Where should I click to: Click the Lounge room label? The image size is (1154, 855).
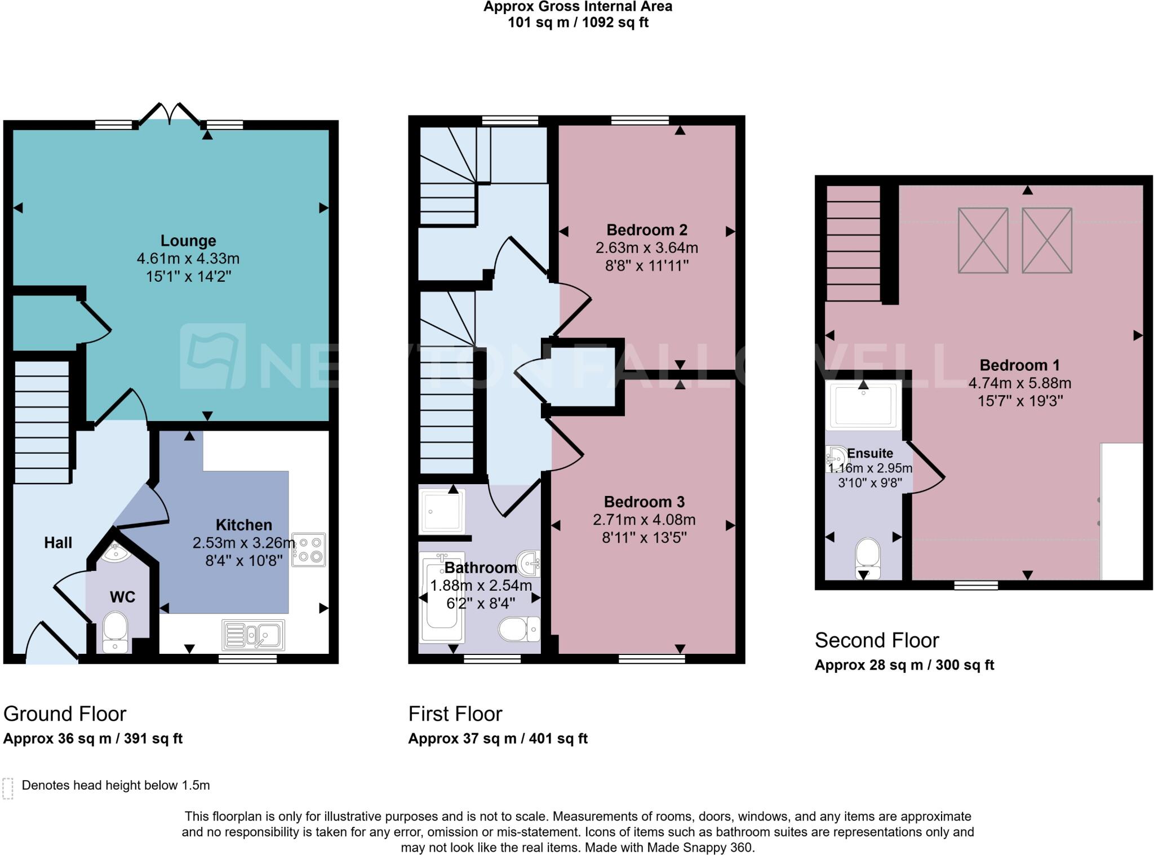click(x=188, y=241)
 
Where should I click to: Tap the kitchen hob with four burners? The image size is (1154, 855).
click(x=309, y=550)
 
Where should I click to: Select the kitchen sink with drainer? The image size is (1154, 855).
click(x=254, y=635)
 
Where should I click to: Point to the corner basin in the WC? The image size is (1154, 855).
click(x=117, y=552)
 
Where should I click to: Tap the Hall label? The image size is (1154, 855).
click(x=58, y=543)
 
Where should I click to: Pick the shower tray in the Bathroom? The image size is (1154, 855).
click(x=442, y=512)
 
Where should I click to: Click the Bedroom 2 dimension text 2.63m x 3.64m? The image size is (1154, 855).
click(x=647, y=247)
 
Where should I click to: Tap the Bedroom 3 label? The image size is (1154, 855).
click(x=644, y=502)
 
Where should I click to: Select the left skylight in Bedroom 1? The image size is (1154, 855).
click(x=983, y=240)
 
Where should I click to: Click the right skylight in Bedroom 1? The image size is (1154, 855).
click(x=1046, y=240)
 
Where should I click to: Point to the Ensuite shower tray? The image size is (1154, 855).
click(x=863, y=405)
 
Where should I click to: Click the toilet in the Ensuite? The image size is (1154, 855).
click(x=868, y=557)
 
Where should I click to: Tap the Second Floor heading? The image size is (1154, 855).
click(x=877, y=640)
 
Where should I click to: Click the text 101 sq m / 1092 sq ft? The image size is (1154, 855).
click(x=578, y=23)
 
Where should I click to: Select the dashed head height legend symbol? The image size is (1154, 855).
click(x=8, y=788)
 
